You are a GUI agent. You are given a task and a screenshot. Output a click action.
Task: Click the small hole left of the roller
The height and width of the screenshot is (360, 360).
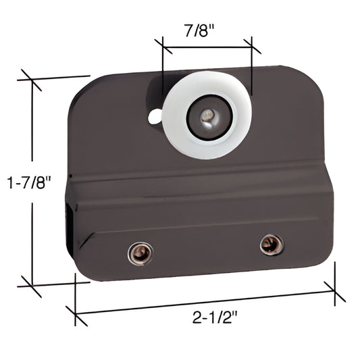[155, 116]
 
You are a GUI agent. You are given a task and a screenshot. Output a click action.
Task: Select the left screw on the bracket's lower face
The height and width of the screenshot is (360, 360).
[140, 253]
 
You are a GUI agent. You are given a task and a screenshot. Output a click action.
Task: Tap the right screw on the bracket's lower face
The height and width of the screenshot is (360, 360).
[271, 244]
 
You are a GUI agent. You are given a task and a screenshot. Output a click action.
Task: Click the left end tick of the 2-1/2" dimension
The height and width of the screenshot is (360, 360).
[75, 314]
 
